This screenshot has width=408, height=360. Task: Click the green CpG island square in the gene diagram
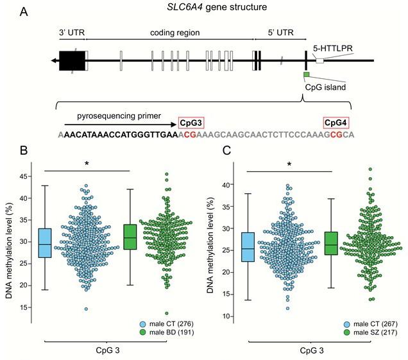coord(307,76)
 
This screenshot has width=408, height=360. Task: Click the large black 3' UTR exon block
coord(72,61)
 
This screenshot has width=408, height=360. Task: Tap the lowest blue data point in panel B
coord(87,309)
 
